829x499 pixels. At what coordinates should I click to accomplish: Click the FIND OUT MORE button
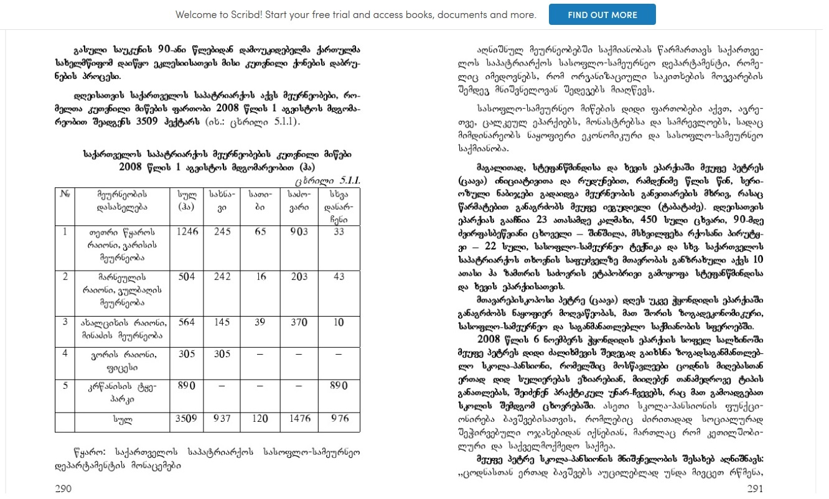(x=602, y=14)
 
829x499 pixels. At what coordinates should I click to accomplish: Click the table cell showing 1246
(x=187, y=232)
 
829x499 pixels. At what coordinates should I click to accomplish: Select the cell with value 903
(x=299, y=232)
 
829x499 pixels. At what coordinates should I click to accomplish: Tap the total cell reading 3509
(x=187, y=419)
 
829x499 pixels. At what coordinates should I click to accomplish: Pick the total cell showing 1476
(x=299, y=419)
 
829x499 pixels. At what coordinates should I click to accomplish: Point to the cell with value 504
(x=187, y=277)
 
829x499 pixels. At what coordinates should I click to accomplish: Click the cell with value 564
(x=187, y=322)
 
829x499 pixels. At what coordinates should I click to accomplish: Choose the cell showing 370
(x=299, y=322)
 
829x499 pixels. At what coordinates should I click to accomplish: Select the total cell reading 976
(x=339, y=419)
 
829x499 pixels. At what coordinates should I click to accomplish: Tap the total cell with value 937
(x=222, y=419)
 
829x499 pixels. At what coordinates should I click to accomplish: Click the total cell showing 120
(x=260, y=419)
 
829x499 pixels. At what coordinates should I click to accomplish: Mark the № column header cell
(x=65, y=195)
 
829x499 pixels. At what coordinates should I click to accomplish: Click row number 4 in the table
(x=65, y=353)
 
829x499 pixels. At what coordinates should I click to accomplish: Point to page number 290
(x=63, y=488)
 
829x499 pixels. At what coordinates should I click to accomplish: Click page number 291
(x=754, y=488)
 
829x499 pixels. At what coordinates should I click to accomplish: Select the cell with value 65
(x=260, y=232)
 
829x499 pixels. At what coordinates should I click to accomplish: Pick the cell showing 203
(x=299, y=277)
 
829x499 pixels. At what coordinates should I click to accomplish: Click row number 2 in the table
(x=65, y=277)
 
